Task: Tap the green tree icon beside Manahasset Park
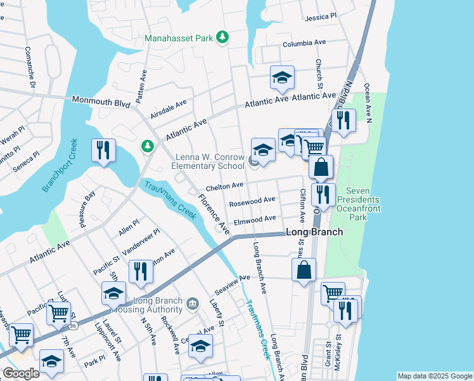222,37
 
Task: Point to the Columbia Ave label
304,43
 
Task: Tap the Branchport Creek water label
59,165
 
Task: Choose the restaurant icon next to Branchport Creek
103,151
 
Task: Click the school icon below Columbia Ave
282,78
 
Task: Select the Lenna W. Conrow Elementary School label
208,161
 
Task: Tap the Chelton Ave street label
224,186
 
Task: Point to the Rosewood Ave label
252,201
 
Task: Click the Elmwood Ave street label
255,219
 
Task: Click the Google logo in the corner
21,373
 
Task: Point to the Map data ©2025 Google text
435,376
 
